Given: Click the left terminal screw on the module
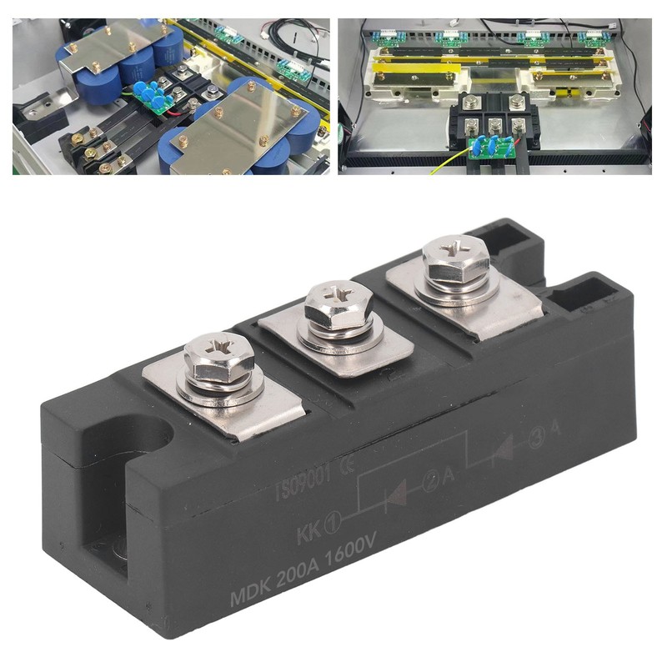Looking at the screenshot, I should click(x=218, y=359).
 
